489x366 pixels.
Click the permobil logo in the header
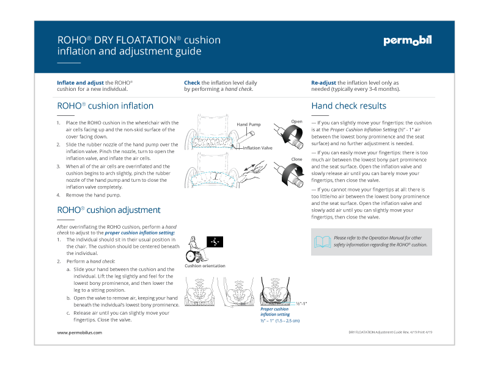tap(407, 41)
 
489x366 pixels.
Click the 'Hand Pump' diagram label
tap(249, 124)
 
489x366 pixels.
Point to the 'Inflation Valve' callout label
tap(258, 148)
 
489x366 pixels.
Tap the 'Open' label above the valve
tap(297, 121)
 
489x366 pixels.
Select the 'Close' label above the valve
tap(297, 159)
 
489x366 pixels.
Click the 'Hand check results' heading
tap(348, 106)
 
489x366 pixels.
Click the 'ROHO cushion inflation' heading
tap(105, 106)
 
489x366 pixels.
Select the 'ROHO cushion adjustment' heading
tap(109, 210)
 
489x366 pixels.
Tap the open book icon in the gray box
tap(322, 242)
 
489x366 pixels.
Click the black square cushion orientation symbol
tap(215, 242)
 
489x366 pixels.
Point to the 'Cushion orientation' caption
tap(205, 266)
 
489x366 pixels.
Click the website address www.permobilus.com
tap(79, 332)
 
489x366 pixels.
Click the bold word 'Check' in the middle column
tap(192, 82)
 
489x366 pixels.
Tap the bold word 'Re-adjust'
tap(323, 82)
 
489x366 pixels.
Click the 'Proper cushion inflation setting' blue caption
tap(274, 312)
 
